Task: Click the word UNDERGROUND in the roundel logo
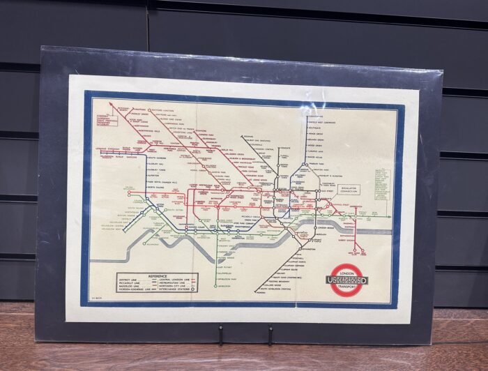click(x=347, y=280)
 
